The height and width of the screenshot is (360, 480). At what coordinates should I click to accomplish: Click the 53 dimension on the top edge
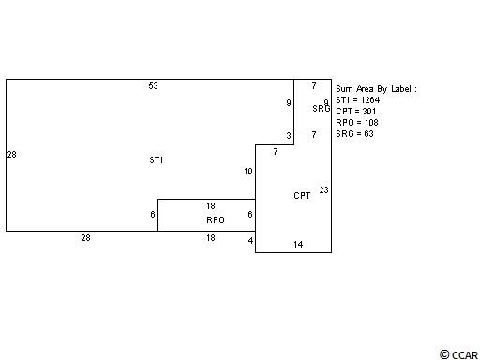pyautogui.click(x=153, y=85)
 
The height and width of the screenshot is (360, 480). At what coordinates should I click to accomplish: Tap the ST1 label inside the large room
pyautogui.click(x=157, y=160)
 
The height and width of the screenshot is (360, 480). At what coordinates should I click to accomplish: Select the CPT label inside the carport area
pyautogui.click(x=302, y=196)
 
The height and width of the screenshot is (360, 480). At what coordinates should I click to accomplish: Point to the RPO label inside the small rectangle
pyautogui.click(x=216, y=220)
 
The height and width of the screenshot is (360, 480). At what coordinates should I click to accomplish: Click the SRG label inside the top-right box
pyautogui.click(x=322, y=108)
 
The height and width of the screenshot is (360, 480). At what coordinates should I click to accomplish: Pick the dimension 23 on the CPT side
pyautogui.click(x=323, y=190)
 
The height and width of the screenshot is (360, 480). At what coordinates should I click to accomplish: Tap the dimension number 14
pyautogui.click(x=298, y=245)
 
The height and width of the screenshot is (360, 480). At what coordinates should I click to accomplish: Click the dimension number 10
pyautogui.click(x=248, y=172)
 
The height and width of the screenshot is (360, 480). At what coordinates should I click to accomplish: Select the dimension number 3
pyautogui.click(x=289, y=136)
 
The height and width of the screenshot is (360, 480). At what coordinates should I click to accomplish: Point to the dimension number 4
pyautogui.click(x=250, y=241)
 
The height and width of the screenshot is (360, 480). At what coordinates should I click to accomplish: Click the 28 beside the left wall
pyautogui.click(x=11, y=155)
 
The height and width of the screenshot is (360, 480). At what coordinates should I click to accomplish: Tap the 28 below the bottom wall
pyautogui.click(x=85, y=238)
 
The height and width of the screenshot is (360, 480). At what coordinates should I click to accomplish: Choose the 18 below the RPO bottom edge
pyautogui.click(x=211, y=238)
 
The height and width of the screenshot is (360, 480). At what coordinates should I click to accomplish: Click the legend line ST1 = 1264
pyautogui.click(x=358, y=100)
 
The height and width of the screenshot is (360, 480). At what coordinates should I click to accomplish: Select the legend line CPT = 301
pyautogui.click(x=356, y=112)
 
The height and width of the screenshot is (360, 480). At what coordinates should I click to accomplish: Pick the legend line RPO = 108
pyautogui.click(x=357, y=123)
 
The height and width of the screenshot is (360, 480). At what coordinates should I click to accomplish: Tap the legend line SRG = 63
pyautogui.click(x=354, y=134)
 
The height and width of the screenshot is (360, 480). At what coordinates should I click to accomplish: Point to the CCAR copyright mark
pyautogui.click(x=458, y=355)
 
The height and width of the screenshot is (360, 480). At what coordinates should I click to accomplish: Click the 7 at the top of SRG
pyautogui.click(x=314, y=85)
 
